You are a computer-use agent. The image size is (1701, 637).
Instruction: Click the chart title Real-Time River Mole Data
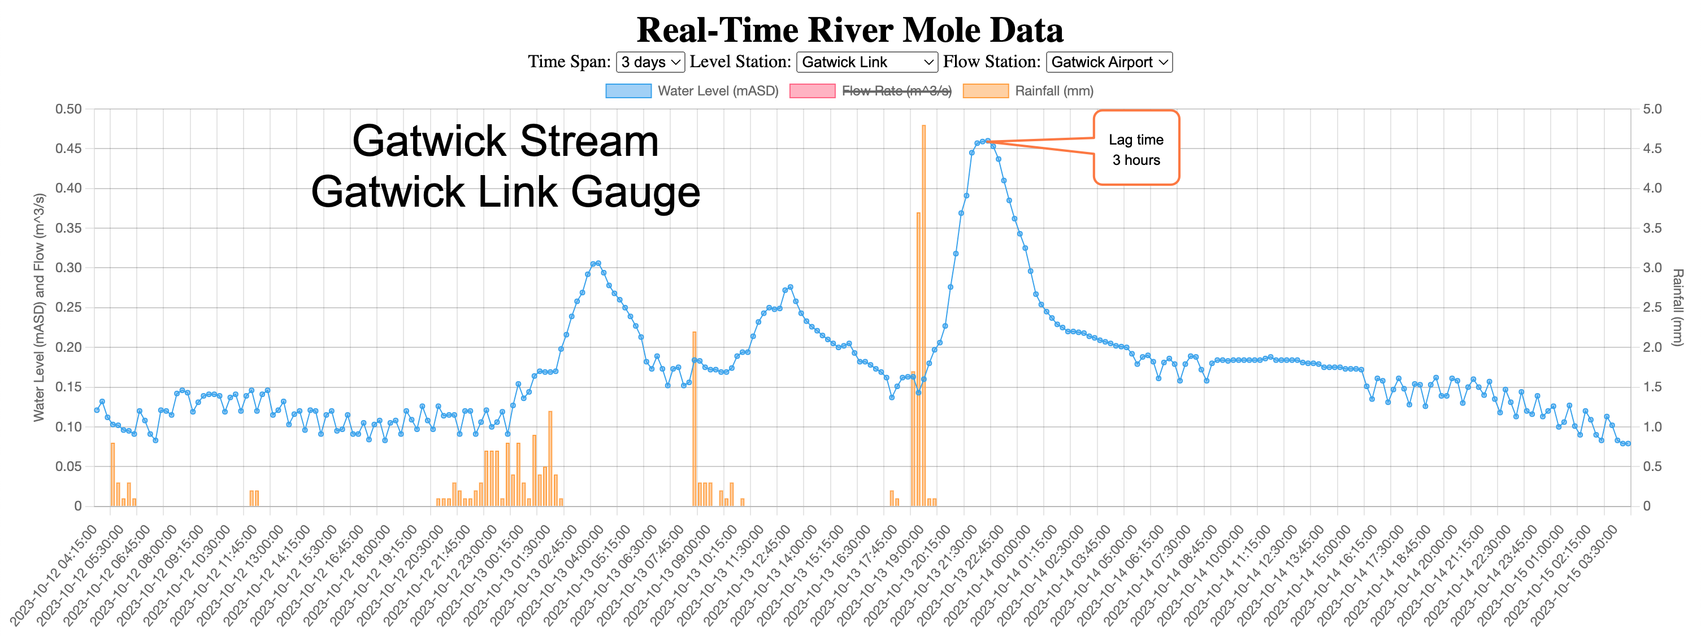click(850, 30)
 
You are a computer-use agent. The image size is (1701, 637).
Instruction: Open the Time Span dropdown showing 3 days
click(650, 62)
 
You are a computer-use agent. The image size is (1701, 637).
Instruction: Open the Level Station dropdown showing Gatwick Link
click(866, 62)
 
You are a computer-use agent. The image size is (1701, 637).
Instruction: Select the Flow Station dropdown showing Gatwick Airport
click(1109, 62)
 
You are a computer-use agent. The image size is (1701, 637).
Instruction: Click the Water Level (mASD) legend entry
click(692, 91)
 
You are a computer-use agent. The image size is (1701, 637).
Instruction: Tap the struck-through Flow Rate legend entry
click(870, 91)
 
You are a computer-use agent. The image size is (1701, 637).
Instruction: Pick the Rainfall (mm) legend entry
click(1028, 91)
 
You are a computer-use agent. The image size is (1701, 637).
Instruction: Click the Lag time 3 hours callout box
click(1136, 149)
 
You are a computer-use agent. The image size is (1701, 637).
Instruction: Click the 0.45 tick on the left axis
click(68, 149)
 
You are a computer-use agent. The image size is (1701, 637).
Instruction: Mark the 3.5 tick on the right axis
click(1652, 228)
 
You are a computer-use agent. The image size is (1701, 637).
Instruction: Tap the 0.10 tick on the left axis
click(68, 427)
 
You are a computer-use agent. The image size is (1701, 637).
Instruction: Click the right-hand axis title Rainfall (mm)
click(1678, 307)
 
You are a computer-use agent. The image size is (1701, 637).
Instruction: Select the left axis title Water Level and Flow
click(40, 307)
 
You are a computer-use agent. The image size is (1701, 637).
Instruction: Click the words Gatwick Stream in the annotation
click(505, 141)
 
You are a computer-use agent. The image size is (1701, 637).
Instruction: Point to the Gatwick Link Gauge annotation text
click(505, 192)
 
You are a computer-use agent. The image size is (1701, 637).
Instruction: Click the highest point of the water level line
click(987, 141)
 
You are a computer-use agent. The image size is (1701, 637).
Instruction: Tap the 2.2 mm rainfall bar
click(694, 418)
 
